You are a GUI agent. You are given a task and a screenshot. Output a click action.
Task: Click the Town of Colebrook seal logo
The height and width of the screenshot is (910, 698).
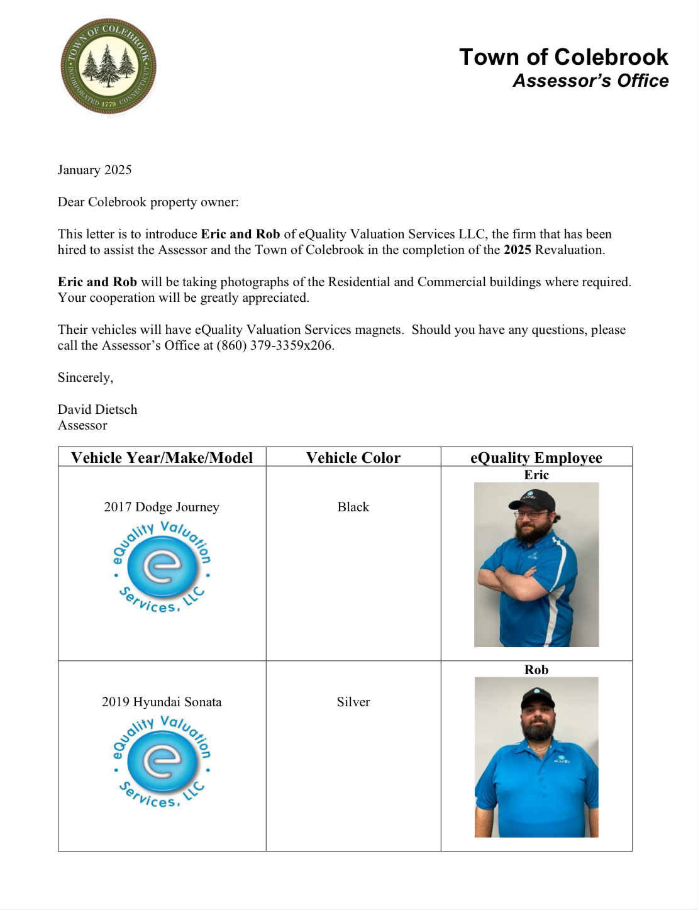coord(108,67)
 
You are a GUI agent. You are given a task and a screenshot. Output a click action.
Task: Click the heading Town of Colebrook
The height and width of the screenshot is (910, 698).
coord(563,57)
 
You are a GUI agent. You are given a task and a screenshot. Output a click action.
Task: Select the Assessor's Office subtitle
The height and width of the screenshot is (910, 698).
coord(590,81)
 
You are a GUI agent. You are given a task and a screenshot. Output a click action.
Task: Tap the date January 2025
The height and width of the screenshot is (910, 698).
coord(94,170)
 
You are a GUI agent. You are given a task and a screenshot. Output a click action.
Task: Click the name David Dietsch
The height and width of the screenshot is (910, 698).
coord(97,409)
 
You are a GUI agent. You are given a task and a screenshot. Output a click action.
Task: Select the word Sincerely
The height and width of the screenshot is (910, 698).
coord(85,377)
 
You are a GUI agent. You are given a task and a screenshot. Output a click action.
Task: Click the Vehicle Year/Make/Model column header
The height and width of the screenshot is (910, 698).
coord(162,458)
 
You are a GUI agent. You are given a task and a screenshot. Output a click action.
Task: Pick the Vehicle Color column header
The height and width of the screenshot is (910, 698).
coord(353,458)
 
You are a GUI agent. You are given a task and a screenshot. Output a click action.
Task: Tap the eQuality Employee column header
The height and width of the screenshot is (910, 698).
coord(536,458)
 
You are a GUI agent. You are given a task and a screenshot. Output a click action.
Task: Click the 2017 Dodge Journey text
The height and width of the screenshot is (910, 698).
coord(162,507)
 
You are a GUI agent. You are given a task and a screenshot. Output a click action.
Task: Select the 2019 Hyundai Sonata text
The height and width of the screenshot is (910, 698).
coord(162,702)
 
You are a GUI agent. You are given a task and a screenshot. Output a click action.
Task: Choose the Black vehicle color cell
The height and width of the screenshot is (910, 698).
coord(353,507)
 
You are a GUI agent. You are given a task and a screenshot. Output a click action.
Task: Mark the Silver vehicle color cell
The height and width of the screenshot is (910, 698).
coord(353,702)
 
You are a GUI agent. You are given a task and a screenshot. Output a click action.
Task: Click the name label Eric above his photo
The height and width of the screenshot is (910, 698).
coord(536,475)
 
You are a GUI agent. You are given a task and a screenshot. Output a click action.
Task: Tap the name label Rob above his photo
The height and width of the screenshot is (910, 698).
coord(536,670)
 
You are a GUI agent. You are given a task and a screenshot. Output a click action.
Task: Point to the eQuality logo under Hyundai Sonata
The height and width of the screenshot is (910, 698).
coord(162,762)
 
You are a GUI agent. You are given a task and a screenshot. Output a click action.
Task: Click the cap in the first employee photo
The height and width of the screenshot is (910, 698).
coord(533,499)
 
